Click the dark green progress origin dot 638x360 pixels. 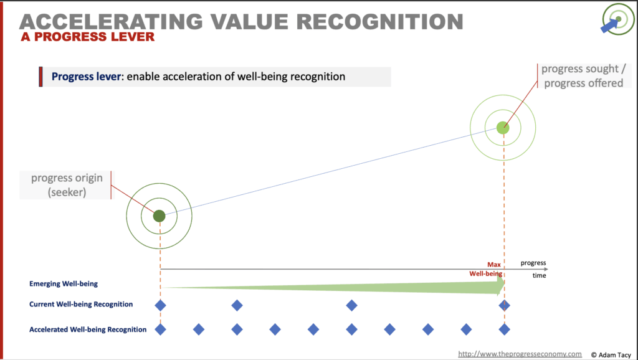click(x=159, y=216)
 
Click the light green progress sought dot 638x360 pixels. click(x=503, y=128)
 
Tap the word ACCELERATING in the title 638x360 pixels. click(x=111, y=22)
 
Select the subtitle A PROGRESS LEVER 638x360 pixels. click(x=88, y=37)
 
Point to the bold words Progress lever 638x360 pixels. click(x=86, y=77)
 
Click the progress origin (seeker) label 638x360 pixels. click(x=67, y=185)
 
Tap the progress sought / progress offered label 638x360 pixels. click(x=583, y=75)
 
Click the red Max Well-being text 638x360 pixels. click(x=486, y=269)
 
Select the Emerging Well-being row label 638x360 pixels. click(x=64, y=283)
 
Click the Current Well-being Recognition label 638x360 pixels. click(x=81, y=305)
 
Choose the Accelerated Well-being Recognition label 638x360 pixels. click(x=88, y=329)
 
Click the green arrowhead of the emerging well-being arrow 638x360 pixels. click(x=498, y=287)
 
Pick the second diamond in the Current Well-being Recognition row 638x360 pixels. click(x=237, y=305)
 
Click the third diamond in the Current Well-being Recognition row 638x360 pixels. click(x=351, y=305)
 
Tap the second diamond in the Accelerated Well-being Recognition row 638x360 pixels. click(x=199, y=329)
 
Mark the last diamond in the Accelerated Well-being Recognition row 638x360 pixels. click(x=504, y=329)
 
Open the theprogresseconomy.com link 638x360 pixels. click(x=520, y=354)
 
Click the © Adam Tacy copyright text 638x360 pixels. click(x=611, y=355)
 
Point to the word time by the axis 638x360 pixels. click(x=539, y=275)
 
